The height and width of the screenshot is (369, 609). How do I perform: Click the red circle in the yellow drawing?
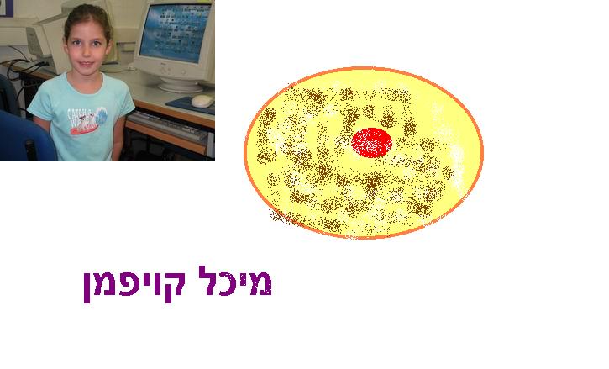pos(371,143)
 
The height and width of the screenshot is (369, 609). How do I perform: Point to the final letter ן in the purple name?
pos(87,287)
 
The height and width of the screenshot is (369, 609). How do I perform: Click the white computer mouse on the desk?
pos(202,101)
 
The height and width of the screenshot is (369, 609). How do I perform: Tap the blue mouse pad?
pos(191,105)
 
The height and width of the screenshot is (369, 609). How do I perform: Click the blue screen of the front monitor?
pos(175,33)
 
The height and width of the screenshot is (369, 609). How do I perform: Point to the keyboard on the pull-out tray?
pos(169,125)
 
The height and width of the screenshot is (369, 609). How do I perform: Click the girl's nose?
pos(87,51)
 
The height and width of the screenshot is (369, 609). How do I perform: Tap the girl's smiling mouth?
pos(87,63)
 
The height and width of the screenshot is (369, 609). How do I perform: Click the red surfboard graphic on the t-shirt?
pos(82,129)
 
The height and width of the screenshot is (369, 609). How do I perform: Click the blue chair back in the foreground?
pos(25,136)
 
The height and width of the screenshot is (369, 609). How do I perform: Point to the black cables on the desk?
pos(21,66)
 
